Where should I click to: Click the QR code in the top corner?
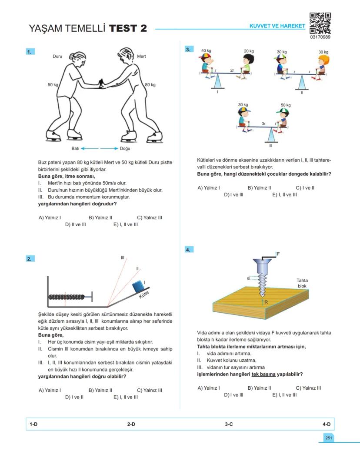click(320, 23)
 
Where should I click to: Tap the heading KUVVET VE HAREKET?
click(277, 26)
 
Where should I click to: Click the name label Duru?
click(57, 57)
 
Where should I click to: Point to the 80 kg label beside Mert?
click(150, 84)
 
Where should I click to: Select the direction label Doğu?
click(125, 148)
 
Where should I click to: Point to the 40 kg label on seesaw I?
click(206, 51)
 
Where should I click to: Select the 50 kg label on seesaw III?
click(285, 105)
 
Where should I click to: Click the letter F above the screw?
click(278, 253)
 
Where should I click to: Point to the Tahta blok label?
click(302, 283)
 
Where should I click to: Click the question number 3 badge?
click(188, 50)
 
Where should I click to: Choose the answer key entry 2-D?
click(131, 424)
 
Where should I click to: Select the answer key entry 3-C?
click(229, 424)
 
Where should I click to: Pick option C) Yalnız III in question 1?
click(150, 217)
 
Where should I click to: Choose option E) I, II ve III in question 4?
click(284, 395)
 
